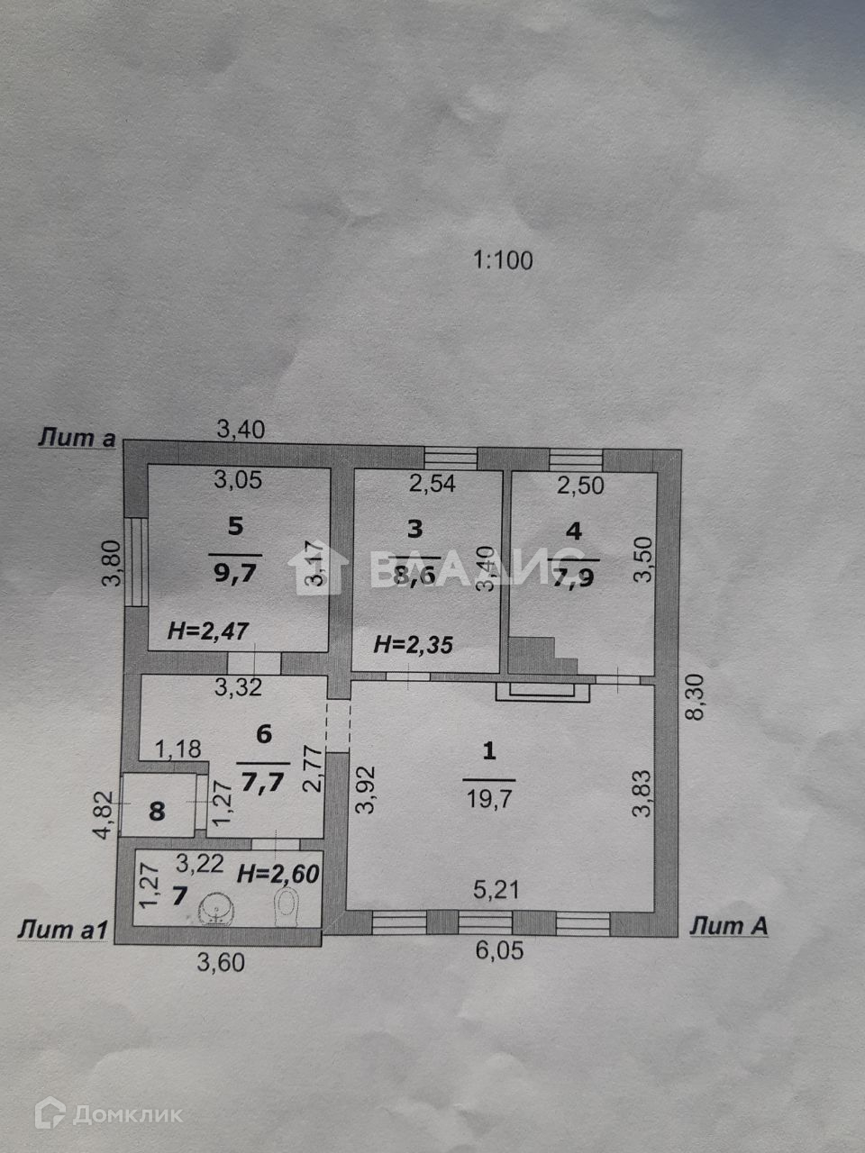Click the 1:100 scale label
pos(503,261)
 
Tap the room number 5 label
pos(235,527)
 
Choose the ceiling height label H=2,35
pos(413,644)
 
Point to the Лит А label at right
pos(728,925)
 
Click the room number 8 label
pos(157,811)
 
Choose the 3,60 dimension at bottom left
pos(221,962)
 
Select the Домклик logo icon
pos(50,1114)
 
